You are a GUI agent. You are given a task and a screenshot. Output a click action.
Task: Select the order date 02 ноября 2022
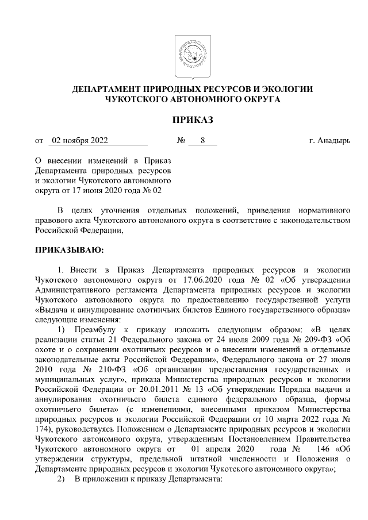[x=79, y=140]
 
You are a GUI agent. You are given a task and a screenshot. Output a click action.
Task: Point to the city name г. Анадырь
[x=330, y=140]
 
